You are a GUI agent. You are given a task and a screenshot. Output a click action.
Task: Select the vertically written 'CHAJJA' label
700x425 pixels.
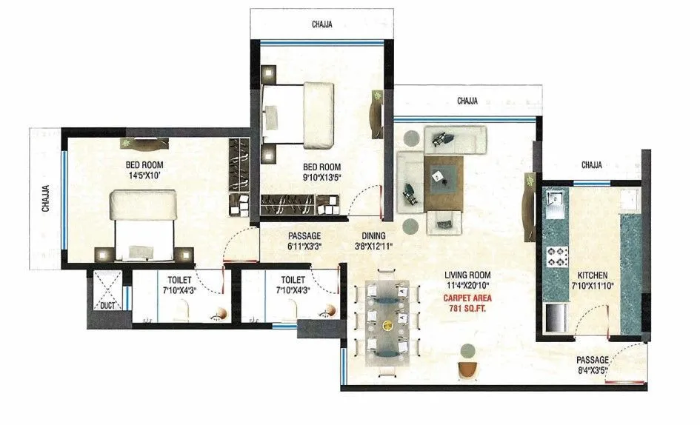click(x=45, y=198)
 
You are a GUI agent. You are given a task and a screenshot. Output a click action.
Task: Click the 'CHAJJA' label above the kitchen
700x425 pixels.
click(x=591, y=164)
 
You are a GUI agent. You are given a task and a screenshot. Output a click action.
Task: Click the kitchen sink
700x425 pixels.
click(x=555, y=201)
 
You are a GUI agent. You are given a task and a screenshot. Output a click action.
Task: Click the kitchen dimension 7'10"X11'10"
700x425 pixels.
click(x=593, y=284)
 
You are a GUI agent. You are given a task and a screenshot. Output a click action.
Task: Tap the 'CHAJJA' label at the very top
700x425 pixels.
click(x=321, y=24)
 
